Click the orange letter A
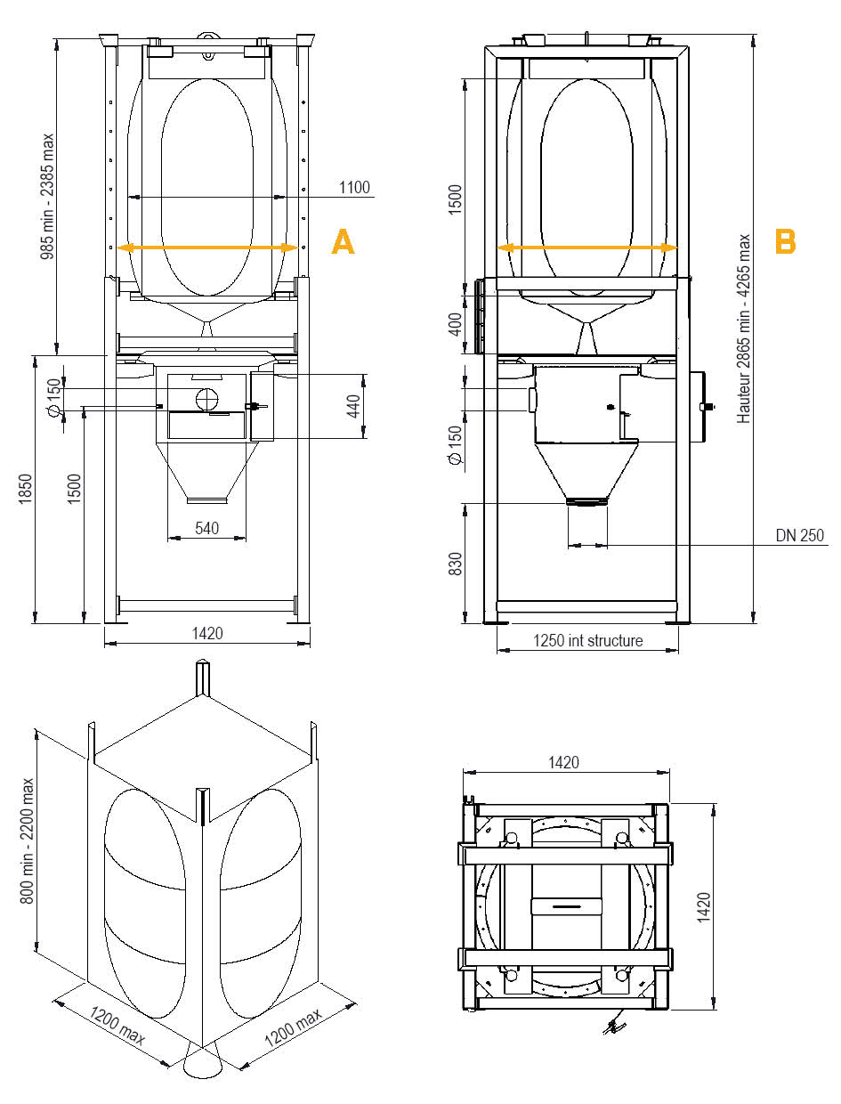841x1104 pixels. tap(343, 242)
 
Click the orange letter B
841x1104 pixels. tap(785, 241)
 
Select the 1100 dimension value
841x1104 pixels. tap(353, 188)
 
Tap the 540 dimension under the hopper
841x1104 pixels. tap(206, 528)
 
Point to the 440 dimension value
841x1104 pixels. tap(353, 407)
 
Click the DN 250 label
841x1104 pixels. tap(800, 535)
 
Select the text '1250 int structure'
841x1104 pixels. tap(587, 640)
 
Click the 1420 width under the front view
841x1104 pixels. tap(206, 633)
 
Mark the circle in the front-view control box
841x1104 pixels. tap(206, 398)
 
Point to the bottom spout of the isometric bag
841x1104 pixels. tap(203, 1066)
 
